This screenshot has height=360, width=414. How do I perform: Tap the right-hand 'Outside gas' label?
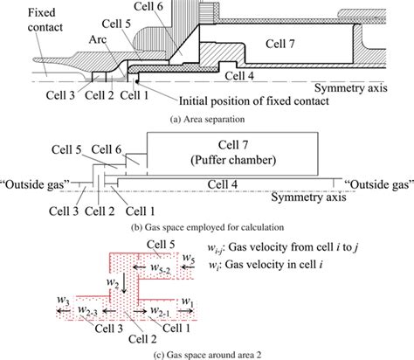point(376,185)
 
